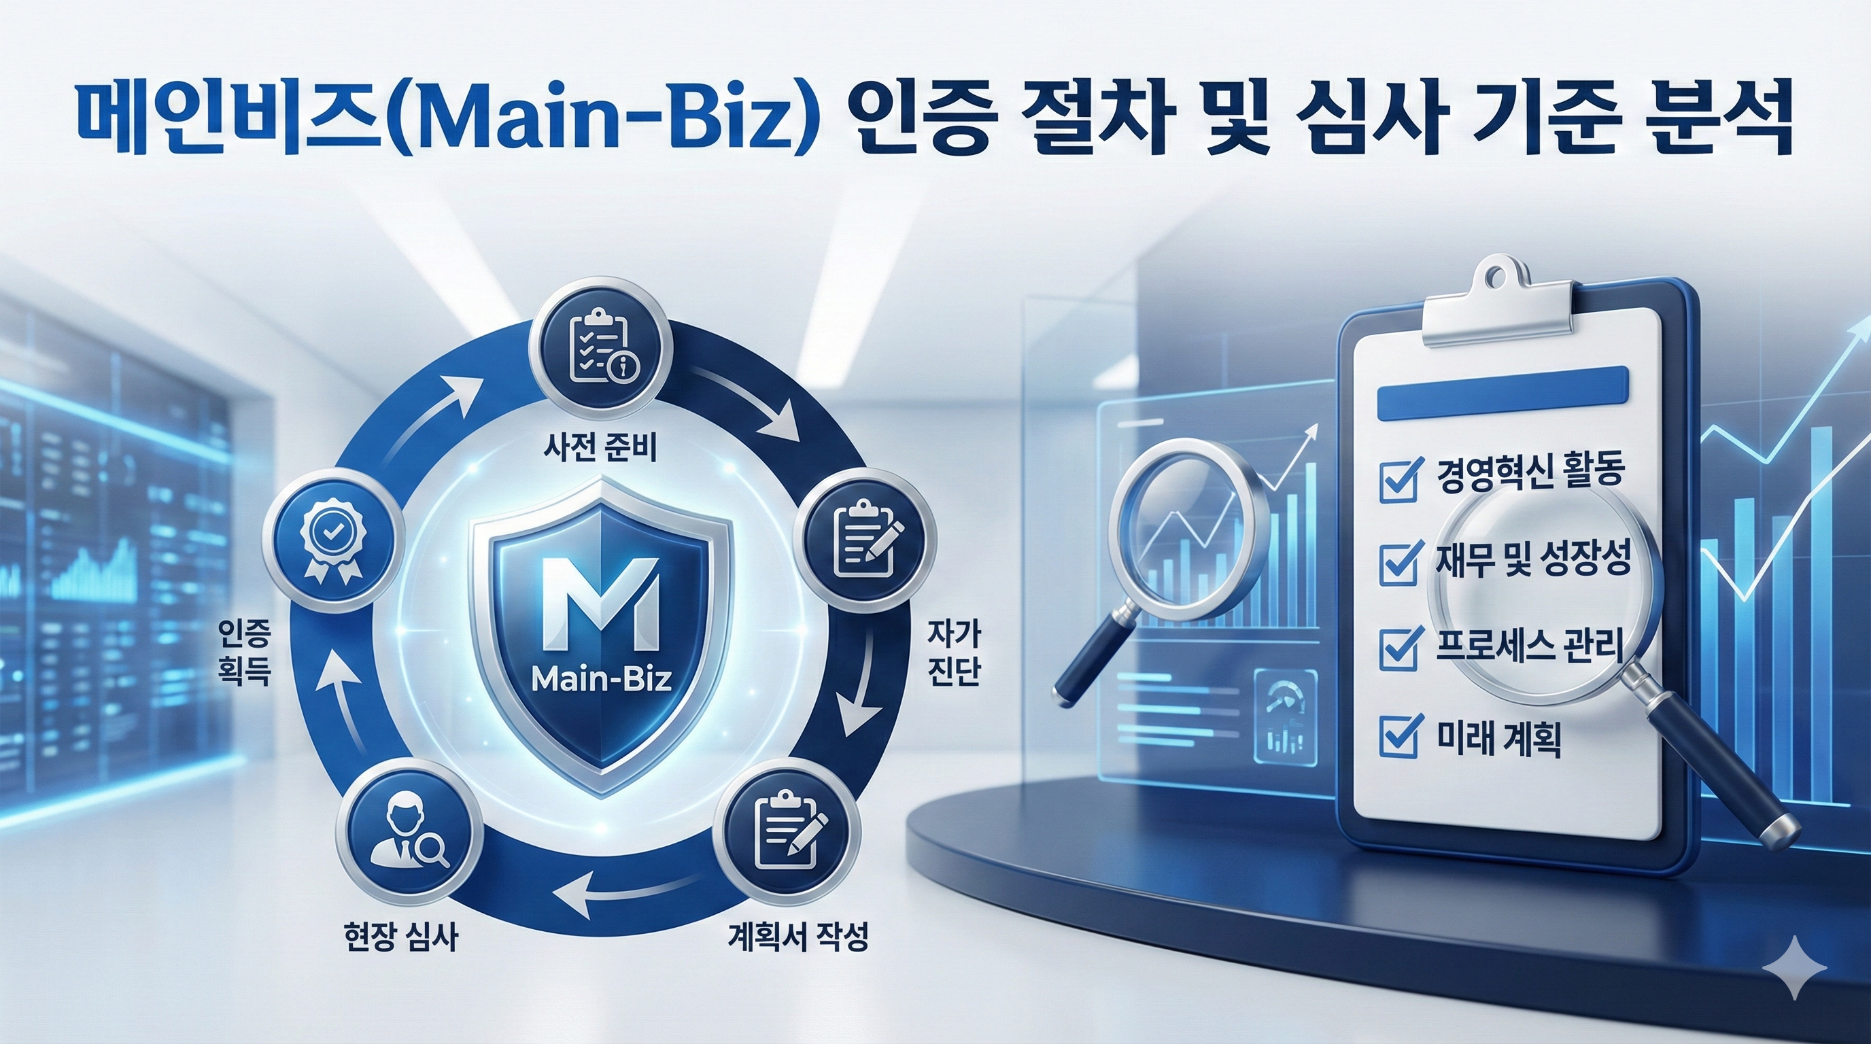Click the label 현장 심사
400,937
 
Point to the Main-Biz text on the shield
602,680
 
